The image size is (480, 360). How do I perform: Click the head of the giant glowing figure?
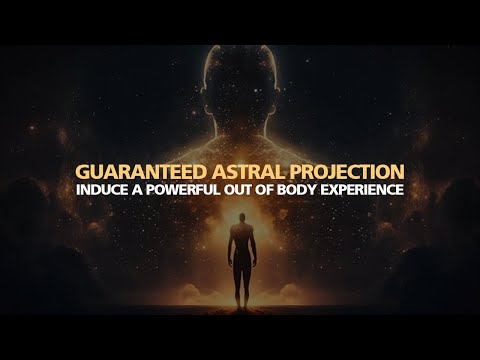[x=240, y=70]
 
